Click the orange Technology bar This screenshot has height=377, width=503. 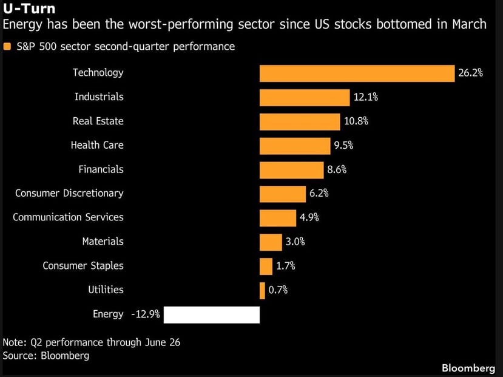point(357,73)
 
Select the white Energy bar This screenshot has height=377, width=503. point(212,314)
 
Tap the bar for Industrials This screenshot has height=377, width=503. point(305,98)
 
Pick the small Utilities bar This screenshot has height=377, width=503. point(262,291)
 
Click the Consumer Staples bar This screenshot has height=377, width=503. point(266,267)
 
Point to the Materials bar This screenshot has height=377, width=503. point(271,242)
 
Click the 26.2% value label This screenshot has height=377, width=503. point(470,73)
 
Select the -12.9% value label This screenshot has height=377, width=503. point(146,314)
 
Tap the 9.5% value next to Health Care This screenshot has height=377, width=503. point(343,145)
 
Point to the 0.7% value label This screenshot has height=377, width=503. point(278,290)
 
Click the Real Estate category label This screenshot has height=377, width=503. point(98,121)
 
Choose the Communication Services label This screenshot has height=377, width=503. point(68,217)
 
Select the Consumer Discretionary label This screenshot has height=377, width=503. point(69,193)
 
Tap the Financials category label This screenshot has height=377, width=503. point(101,169)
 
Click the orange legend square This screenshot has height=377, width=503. point(7,47)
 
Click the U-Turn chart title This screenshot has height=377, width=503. point(29,8)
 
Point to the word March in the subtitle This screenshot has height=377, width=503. point(469,24)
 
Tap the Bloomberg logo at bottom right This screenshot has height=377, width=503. point(468,368)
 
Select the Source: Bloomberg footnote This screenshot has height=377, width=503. point(46,356)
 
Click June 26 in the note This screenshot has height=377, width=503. point(163,342)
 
